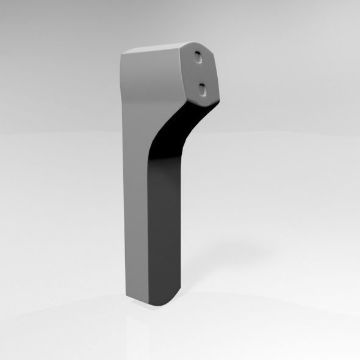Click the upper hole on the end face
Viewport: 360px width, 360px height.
tap(200, 56)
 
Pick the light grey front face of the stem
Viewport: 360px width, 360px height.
tap(137, 214)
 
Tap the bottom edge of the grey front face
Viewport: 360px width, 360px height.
tap(137, 299)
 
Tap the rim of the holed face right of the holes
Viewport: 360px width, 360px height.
tap(215, 76)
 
